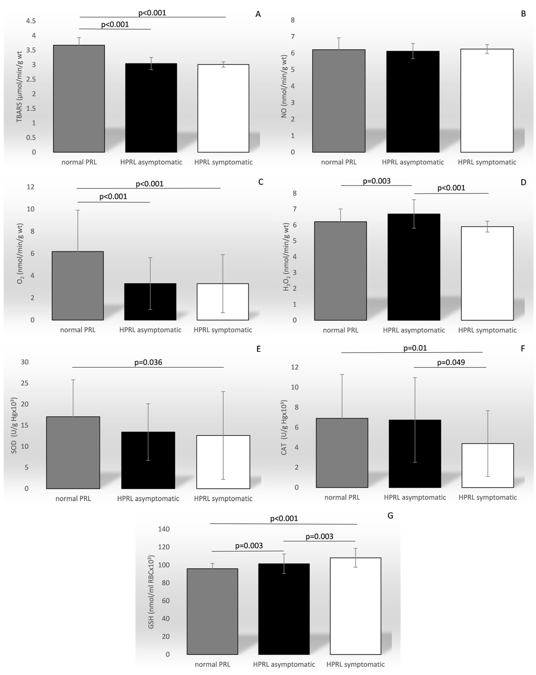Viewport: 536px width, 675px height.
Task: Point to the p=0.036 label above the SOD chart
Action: (x=148, y=362)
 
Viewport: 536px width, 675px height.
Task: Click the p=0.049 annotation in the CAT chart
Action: (x=451, y=362)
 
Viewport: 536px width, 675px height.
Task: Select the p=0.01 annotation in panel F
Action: (x=415, y=348)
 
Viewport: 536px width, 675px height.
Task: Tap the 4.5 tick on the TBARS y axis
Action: (x=31, y=21)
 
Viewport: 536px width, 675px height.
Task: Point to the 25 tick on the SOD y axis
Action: (x=25, y=383)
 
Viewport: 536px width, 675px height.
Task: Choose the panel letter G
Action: (x=390, y=516)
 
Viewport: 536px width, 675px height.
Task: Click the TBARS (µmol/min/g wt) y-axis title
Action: (x=19, y=86)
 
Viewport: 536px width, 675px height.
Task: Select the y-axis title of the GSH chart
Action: (x=151, y=592)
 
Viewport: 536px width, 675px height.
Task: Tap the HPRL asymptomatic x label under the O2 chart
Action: (x=150, y=330)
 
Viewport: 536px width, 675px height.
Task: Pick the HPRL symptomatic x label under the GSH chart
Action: (x=355, y=664)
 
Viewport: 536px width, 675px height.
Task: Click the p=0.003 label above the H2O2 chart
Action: (x=377, y=181)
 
